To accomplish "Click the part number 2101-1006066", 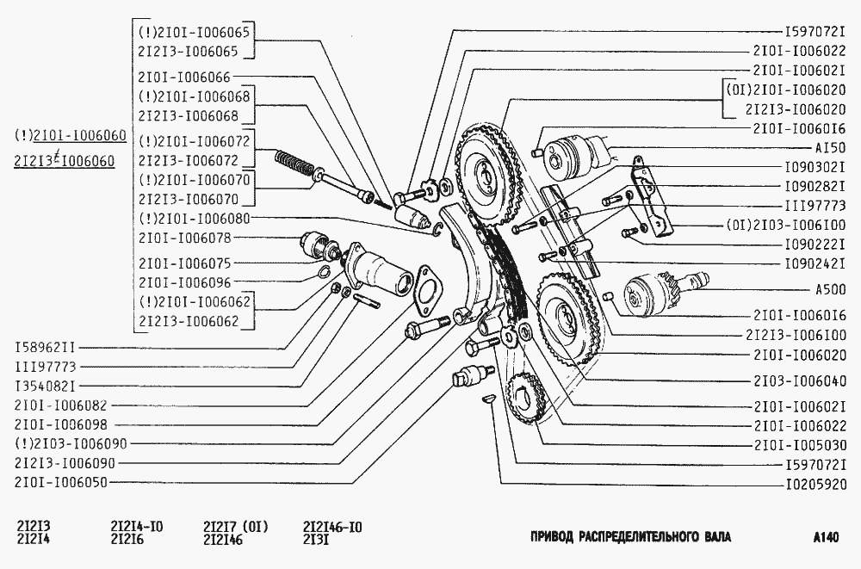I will click(183, 76).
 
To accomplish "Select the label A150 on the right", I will click(832, 146).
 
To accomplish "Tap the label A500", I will click(830, 289).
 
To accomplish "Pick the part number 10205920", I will click(814, 484).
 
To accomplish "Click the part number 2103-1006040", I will click(799, 380).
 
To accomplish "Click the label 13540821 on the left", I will click(46, 385).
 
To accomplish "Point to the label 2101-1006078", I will click(183, 237).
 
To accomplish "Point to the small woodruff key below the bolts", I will click(486, 399).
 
